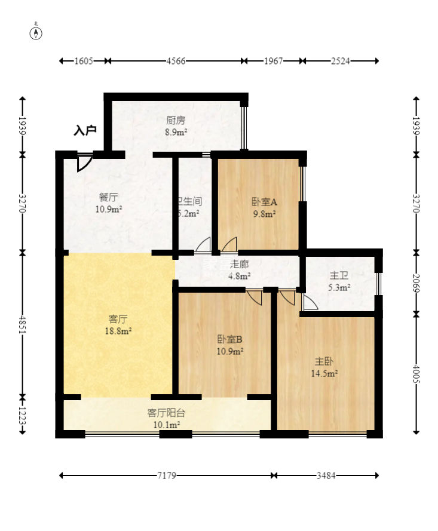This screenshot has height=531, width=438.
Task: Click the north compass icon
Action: [36, 32]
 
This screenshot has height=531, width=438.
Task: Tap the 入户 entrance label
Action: [85, 130]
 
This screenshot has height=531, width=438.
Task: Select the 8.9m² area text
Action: [176, 132]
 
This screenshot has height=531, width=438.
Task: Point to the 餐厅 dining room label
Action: [108, 197]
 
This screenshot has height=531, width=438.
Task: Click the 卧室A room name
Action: [263, 202]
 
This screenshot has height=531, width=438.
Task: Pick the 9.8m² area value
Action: [263, 214]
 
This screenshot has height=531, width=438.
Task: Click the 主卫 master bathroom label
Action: [339, 275]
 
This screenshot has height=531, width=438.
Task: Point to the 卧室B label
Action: [229, 339]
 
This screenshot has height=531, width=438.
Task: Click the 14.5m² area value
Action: [324, 374]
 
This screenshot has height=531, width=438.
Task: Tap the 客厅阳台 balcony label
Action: [166, 413]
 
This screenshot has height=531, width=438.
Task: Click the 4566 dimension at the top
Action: [176, 61]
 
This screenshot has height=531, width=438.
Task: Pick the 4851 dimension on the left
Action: [23, 324]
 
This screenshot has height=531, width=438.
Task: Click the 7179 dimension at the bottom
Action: [167, 475]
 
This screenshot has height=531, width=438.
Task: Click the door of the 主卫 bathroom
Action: [309, 303]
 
